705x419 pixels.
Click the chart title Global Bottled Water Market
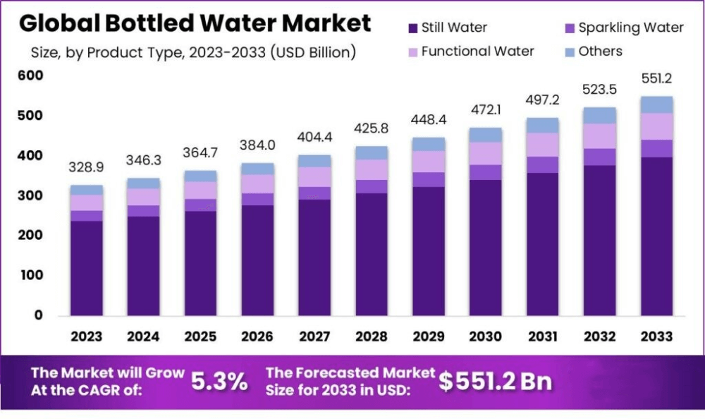point(195,23)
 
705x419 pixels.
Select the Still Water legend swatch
point(412,28)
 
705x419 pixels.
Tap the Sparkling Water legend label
point(630,28)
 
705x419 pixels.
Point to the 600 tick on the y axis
point(31,75)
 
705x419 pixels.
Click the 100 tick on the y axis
point(31,275)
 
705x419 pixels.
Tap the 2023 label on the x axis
point(86,336)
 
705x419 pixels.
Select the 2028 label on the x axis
point(372,336)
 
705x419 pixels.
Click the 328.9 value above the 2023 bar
point(86,167)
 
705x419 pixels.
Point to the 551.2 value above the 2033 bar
point(656,78)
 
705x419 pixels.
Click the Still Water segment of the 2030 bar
point(486,247)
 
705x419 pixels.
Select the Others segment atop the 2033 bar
point(656,104)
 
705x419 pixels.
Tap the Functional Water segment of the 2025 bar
point(200,190)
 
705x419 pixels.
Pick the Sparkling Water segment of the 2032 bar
point(599,157)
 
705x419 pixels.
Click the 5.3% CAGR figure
point(219,382)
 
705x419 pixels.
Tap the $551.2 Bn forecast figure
point(495,381)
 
